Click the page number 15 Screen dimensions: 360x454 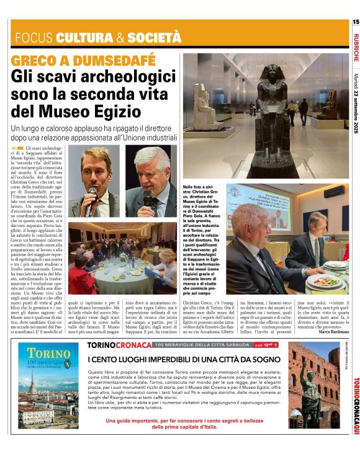point(356,22)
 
